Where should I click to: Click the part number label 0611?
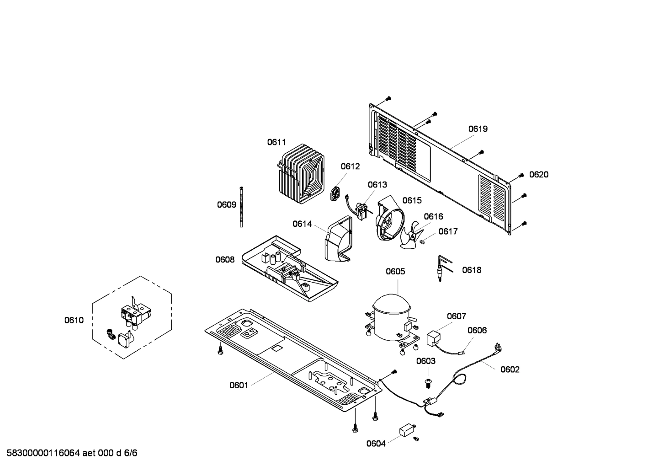pyautogui.click(x=276, y=142)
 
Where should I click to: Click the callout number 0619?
pyautogui.click(x=478, y=129)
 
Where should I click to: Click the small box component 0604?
pyautogui.click(x=406, y=430)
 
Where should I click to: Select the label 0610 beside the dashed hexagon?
pyautogui.click(x=74, y=320)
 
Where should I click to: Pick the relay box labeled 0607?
pyautogui.click(x=434, y=339)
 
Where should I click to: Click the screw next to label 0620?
pyautogui.click(x=521, y=175)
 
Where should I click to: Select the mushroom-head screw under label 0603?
pyautogui.click(x=429, y=382)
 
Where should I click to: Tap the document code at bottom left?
pyautogui.click(x=69, y=453)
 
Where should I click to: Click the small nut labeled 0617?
pyautogui.click(x=423, y=241)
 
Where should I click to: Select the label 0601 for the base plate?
pyautogui.click(x=239, y=385)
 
